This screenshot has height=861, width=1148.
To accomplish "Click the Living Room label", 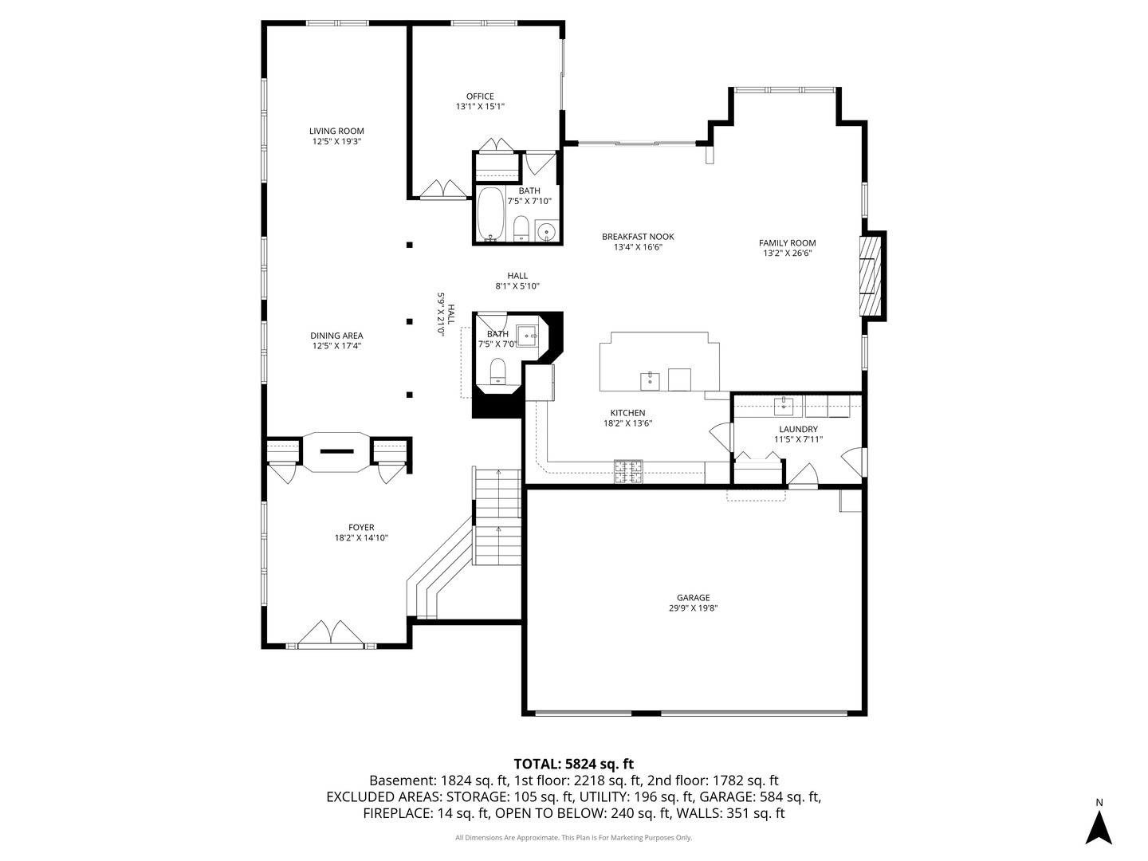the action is [336, 132].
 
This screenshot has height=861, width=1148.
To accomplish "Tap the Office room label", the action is [480, 96].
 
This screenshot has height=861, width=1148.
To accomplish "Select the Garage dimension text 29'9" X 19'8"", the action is [693, 608].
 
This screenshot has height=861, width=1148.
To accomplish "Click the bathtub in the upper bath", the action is [490, 214].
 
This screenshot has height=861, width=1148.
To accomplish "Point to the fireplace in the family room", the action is [871, 276].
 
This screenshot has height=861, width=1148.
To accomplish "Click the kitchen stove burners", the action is [628, 471].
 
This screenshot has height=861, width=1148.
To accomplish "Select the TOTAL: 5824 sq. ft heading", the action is [573, 764].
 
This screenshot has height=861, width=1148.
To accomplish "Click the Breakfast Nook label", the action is [638, 237].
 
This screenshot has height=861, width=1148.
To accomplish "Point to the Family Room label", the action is [787, 243].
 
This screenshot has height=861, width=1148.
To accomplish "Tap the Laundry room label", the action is [798, 429].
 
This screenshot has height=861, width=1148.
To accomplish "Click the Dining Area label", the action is [336, 336].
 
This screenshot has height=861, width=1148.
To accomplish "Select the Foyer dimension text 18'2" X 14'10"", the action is [361, 538].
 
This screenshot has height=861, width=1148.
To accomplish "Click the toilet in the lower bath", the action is [497, 372].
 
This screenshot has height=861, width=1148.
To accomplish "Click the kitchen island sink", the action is [650, 382].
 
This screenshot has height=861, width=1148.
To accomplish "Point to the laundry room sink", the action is [784, 406].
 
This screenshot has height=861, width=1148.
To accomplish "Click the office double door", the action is [443, 189].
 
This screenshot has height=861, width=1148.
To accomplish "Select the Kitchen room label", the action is [627, 413].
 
